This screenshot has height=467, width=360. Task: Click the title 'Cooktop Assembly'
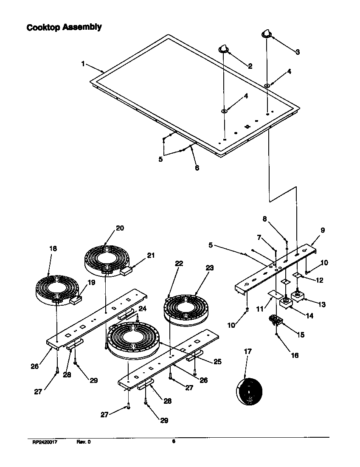pos(64,27)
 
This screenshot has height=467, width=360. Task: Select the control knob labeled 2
pos(224,49)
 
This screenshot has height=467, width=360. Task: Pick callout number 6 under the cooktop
pos(197,167)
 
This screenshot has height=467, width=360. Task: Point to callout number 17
pos(247,352)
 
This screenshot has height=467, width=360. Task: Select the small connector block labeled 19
pos(76,300)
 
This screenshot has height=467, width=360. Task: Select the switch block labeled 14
pos(285,304)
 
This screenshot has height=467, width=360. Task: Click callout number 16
pos(294,355)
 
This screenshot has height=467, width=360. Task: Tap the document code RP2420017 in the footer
pos(45,442)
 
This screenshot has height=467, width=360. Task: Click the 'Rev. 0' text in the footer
pos(83,442)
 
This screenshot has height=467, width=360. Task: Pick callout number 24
pos(143,309)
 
